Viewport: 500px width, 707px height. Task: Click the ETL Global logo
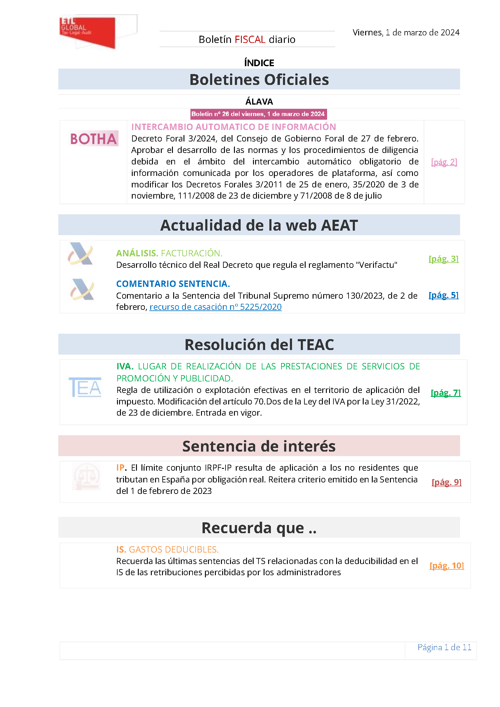coord(88,32)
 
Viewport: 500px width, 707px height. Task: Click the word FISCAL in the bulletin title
coord(250,40)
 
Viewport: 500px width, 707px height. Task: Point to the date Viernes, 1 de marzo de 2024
coord(406,33)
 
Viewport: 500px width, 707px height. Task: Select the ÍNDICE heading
coord(259,63)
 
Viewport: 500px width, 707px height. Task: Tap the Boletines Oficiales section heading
coord(259,80)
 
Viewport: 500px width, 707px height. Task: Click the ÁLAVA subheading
coord(259,102)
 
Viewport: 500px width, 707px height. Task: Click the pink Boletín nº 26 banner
coord(258,114)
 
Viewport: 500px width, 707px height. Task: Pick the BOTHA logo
coord(93,139)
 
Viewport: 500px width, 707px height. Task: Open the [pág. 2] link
coord(444,162)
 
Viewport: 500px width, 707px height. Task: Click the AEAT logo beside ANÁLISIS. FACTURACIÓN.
coord(81,254)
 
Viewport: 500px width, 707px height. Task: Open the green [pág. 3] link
coord(443,259)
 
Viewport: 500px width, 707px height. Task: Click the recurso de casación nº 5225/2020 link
coord(216,307)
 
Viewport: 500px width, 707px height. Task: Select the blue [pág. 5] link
coord(443,295)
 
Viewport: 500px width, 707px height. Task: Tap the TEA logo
coord(85,388)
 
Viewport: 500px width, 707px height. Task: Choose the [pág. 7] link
coord(446,393)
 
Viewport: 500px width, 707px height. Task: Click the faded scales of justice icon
coord(86,476)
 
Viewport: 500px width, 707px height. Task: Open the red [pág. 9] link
coord(446,482)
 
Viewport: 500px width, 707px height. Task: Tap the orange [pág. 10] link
coord(446,566)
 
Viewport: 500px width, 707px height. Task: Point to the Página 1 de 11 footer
coord(444,647)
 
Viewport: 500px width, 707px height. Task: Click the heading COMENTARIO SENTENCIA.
coord(173,284)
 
